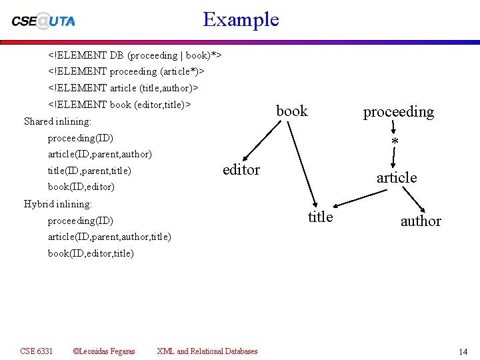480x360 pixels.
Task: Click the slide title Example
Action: [241, 19]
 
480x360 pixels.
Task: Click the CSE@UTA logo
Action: [43, 20]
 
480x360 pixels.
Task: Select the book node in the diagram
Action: [292, 111]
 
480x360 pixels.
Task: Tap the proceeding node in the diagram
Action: [398, 111]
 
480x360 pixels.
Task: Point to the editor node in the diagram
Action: [241, 169]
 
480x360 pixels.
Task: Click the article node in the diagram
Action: [397, 177]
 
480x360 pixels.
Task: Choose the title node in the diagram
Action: [320, 216]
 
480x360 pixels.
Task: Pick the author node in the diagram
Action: [421, 221]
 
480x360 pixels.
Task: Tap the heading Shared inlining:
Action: [57, 121]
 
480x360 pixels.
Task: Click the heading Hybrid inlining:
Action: [57, 203]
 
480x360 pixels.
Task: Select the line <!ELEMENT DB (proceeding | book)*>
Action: [134, 54]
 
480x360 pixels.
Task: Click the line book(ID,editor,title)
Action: [91, 253]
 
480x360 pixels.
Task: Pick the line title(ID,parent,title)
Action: [89, 171]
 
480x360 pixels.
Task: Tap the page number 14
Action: [463, 351]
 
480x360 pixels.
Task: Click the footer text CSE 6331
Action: [36, 351]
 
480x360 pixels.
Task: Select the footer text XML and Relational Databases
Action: [207, 351]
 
